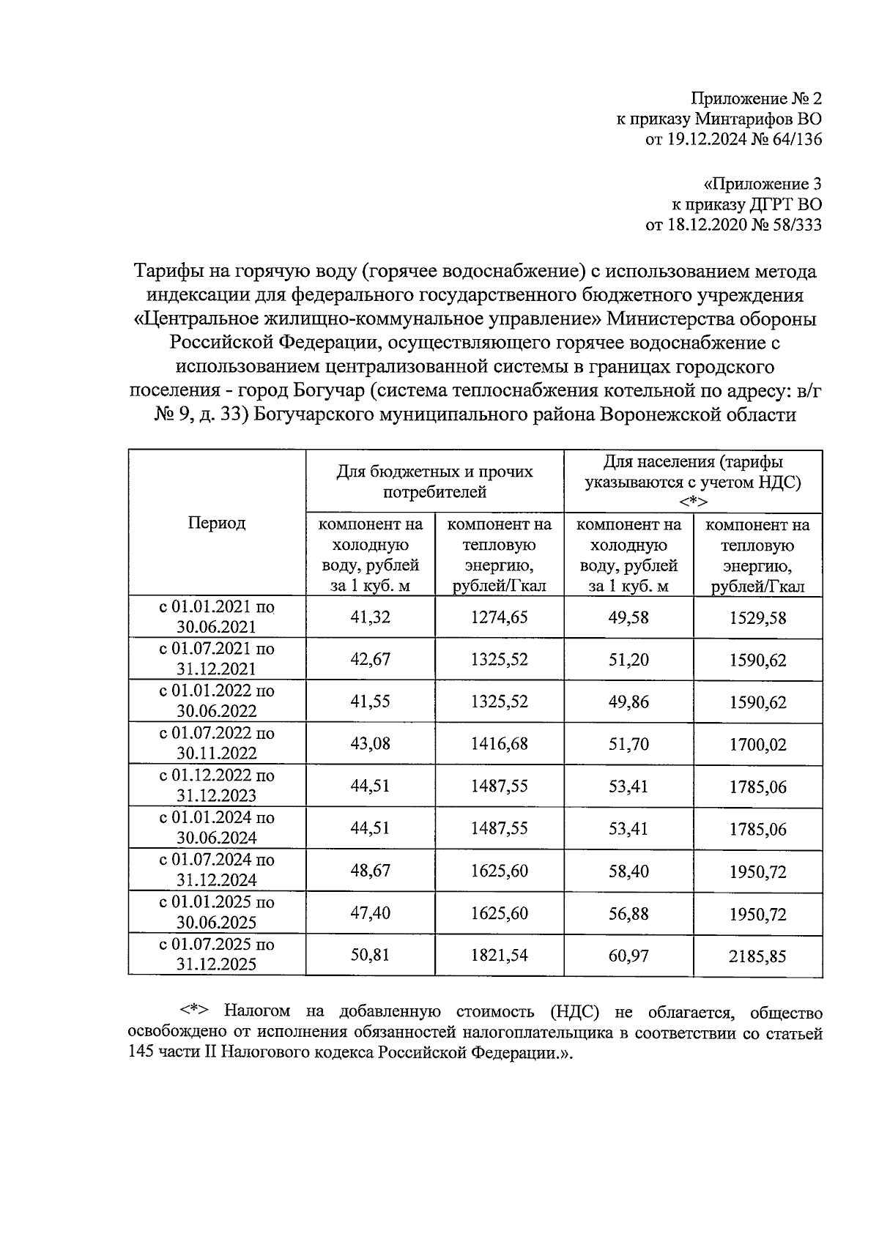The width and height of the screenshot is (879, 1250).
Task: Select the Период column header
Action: pyautogui.click(x=217, y=523)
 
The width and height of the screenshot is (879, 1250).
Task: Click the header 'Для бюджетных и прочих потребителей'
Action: pyautogui.click(x=435, y=482)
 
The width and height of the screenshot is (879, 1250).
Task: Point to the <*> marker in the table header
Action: pyautogui.click(x=692, y=502)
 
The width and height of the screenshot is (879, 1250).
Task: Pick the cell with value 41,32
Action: pyautogui.click(x=371, y=617)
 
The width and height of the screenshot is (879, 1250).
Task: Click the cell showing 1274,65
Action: pyautogui.click(x=499, y=617)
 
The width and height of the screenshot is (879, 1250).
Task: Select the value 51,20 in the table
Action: pyautogui.click(x=628, y=660)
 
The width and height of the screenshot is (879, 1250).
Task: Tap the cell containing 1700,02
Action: pyautogui.click(x=757, y=745)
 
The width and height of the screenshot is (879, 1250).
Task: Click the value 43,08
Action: pyautogui.click(x=371, y=744)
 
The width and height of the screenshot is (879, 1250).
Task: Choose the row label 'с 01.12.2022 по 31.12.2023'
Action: pyautogui.click(x=217, y=786)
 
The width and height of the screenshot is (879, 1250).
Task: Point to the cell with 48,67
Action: pyautogui.click(x=371, y=871)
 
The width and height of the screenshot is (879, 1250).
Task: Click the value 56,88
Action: pyautogui.click(x=628, y=913)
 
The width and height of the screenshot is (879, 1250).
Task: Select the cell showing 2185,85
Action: pyautogui.click(x=757, y=956)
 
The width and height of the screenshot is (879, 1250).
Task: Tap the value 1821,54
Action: pyautogui.click(x=499, y=956)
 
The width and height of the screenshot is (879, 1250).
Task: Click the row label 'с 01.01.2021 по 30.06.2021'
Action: pyautogui.click(x=217, y=617)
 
